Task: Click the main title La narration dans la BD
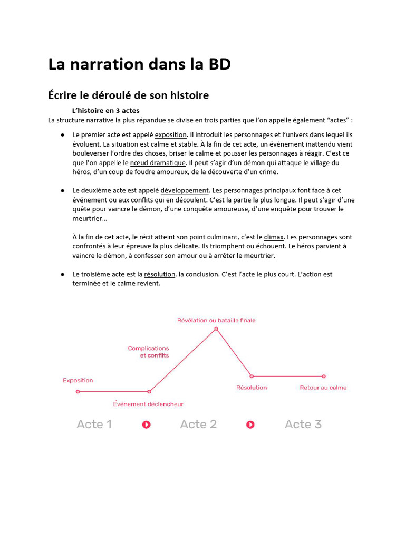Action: pyautogui.click(x=139, y=64)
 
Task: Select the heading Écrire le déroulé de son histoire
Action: pyautogui.click(x=128, y=95)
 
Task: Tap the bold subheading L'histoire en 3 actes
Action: pyautogui.click(x=105, y=111)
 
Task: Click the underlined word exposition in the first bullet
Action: pyautogui.click(x=170, y=135)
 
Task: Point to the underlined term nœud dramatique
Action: pyautogui.click(x=158, y=163)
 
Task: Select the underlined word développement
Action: pyautogui.click(x=185, y=190)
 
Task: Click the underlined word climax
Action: pyautogui.click(x=274, y=237)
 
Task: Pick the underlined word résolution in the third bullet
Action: pyautogui.click(x=160, y=274)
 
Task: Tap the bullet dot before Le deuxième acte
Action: pyautogui.click(x=62, y=190)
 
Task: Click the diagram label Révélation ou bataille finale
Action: pyautogui.click(x=216, y=320)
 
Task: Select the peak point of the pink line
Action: pyautogui.click(x=216, y=329)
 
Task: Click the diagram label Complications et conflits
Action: pyautogui.click(x=149, y=352)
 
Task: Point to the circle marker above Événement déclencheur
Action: pyautogui.click(x=149, y=392)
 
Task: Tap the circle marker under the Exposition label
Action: pyautogui.click(x=78, y=392)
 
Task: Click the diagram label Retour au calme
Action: pyautogui.click(x=323, y=388)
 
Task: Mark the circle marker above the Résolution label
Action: pyautogui.click(x=252, y=376)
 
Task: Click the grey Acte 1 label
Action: pyautogui.click(x=94, y=425)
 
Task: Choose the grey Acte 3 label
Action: pyautogui.click(x=303, y=425)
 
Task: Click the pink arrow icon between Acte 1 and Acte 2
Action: pyautogui.click(x=147, y=425)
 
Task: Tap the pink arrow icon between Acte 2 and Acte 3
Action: pyautogui.click(x=250, y=425)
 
